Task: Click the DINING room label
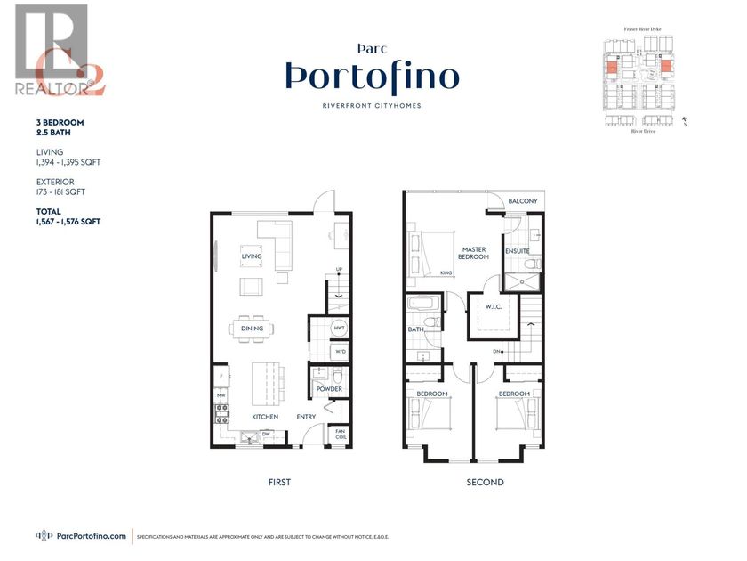pyautogui.click(x=252, y=329)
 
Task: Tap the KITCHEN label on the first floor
pyautogui.click(x=264, y=417)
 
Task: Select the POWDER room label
pyautogui.click(x=329, y=388)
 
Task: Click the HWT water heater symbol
pyautogui.click(x=339, y=329)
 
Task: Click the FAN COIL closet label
pyautogui.click(x=341, y=435)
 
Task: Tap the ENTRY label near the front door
pyautogui.click(x=307, y=417)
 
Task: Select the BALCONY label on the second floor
pyautogui.click(x=523, y=201)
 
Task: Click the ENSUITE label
pyautogui.click(x=517, y=251)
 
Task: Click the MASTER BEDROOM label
pyautogui.click(x=473, y=251)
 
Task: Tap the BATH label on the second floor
pyautogui.click(x=415, y=329)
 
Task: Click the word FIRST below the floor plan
pyautogui.click(x=279, y=482)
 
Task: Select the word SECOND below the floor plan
pyautogui.click(x=486, y=482)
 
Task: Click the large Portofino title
pyautogui.click(x=373, y=78)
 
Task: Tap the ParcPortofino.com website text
pyautogui.click(x=91, y=536)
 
